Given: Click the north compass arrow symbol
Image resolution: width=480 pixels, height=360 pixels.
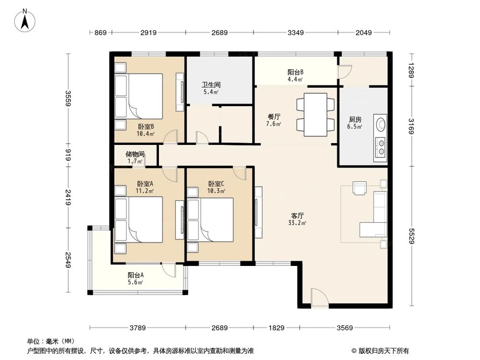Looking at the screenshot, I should tap(26, 20).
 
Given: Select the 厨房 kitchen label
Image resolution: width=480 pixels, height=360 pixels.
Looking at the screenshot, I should tap(355, 120).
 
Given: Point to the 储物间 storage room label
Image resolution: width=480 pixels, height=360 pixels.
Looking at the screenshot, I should tap(135, 155).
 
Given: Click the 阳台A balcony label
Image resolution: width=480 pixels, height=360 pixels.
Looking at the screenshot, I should tap(136, 276).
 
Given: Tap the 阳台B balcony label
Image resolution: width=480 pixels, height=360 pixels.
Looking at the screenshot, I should tap(295, 72).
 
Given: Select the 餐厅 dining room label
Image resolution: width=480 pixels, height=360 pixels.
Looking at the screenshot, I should tap(274, 116).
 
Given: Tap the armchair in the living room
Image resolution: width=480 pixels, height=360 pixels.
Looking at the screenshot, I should tap(359, 188).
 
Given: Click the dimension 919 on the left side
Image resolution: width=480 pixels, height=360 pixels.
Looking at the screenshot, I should tap(69, 155).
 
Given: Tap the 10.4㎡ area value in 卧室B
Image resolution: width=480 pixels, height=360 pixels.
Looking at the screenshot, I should tap(145, 134).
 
